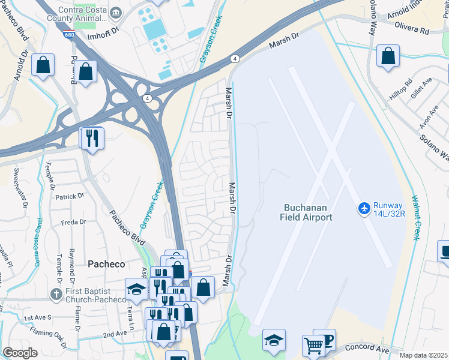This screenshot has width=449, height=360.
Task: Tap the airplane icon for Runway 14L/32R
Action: [x=364, y=208]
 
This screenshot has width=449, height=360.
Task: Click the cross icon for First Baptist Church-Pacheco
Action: [x=55, y=294]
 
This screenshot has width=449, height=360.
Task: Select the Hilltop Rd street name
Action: [x=401, y=91]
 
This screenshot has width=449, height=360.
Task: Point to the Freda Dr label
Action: [x=74, y=223]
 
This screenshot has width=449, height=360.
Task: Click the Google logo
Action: [x=20, y=353]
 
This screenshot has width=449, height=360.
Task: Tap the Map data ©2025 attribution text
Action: [x=424, y=355]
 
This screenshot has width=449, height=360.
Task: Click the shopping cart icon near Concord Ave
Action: [x=313, y=344]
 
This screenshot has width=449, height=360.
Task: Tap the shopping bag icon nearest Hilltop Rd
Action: [x=388, y=56]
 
